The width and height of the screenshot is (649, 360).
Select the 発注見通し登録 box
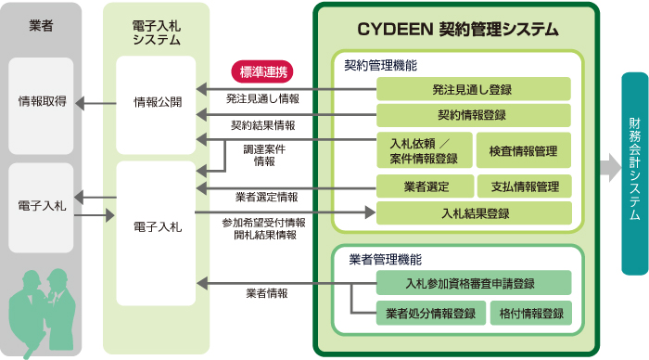pyautogui.click(x=473, y=89)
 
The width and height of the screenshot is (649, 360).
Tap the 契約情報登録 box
pyautogui.click(x=473, y=115)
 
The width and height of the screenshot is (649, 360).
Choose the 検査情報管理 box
pyautogui.click(x=524, y=150)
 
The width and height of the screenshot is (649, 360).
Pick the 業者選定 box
pyautogui.click(x=425, y=186)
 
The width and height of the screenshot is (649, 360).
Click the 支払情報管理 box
pyautogui.click(x=524, y=186)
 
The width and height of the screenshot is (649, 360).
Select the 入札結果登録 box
pyautogui.click(x=473, y=213)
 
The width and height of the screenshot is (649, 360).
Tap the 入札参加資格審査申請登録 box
pyautogui.click(x=473, y=283)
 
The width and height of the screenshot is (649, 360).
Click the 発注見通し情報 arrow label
pyautogui.click(x=262, y=97)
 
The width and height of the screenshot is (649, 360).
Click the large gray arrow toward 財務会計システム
pyautogui.click(x=608, y=167)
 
